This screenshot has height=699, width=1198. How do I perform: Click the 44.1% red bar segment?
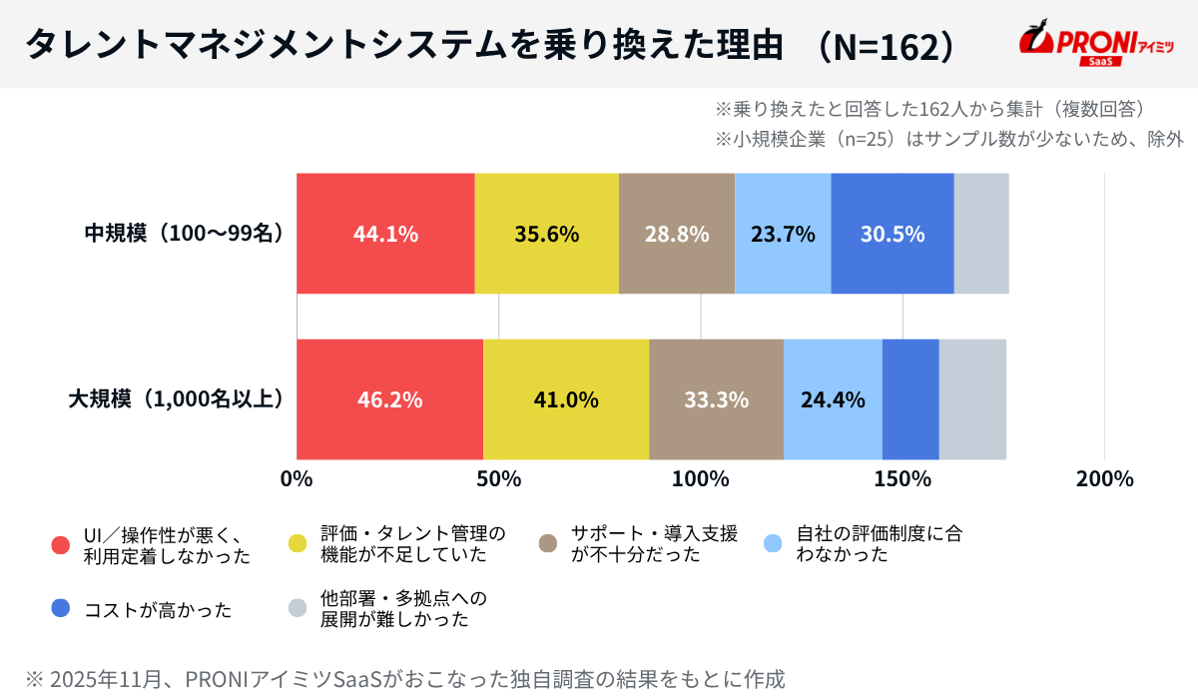[385, 234]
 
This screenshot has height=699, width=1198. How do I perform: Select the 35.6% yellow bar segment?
[546, 234]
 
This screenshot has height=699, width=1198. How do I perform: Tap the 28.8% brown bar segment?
[676, 234]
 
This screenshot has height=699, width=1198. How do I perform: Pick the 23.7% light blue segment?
[783, 234]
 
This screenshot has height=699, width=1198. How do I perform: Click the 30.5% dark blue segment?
[892, 234]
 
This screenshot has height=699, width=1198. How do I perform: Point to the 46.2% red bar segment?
[389, 399]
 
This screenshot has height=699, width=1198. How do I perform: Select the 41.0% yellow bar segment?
[565, 399]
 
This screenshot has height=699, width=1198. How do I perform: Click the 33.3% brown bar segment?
[716, 399]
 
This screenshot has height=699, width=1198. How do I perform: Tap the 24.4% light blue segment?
[833, 399]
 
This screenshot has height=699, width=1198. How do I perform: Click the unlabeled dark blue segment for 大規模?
[910, 399]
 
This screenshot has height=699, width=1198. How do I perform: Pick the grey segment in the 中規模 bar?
[981, 234]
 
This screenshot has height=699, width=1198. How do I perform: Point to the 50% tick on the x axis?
[498, 478]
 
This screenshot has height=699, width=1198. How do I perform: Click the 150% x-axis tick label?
[902, 478]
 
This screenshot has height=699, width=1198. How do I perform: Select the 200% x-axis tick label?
[1104, 478]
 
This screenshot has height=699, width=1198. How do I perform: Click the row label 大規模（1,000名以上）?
[176, 399]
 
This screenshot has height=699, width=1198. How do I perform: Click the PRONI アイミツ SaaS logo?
[1095, 45]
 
